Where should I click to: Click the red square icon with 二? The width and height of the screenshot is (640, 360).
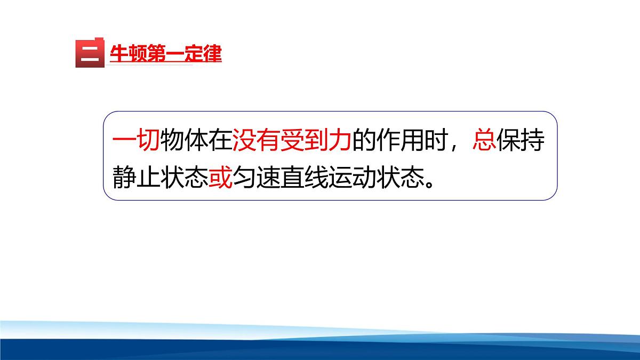point(89,54)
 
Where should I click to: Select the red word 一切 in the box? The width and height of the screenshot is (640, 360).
point(136,141)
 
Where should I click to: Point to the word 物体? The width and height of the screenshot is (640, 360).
point(184,141)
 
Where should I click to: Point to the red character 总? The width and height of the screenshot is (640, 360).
point(484,141)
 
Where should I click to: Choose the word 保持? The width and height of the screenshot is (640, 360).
point(520,141)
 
